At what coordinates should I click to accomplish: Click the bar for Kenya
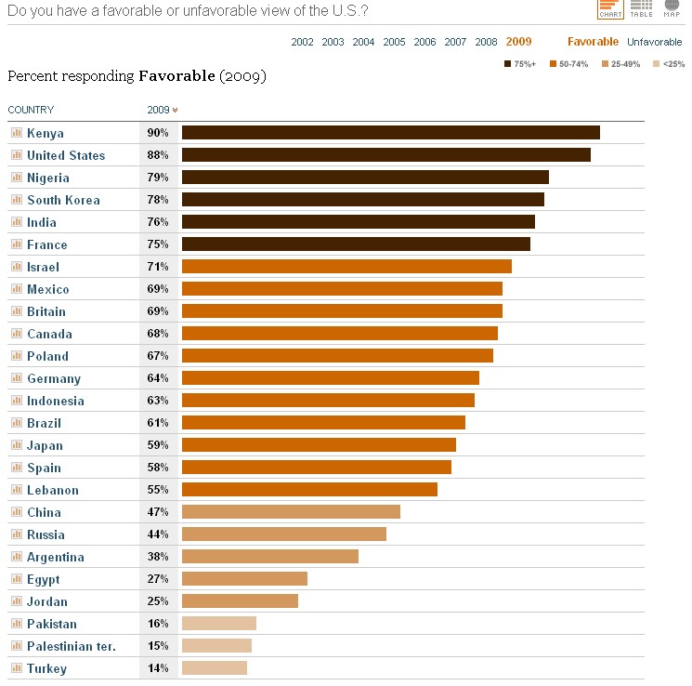tap(390, 133)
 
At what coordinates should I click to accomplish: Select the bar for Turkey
tap(215, 668)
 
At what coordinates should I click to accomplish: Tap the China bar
tap(291, 512)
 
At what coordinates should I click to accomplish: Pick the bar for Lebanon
tap(309, 490)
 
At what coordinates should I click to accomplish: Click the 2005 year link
tap(394, 42)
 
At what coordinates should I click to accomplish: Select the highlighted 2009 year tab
tap(518, 42)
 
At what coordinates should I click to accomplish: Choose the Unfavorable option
tap(654, 42)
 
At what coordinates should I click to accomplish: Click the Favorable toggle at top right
tap(593, 42)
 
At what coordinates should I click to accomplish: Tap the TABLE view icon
tap(641, 9)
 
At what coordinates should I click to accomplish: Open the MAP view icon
tap(671, 9)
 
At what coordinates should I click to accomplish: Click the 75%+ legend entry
tap(520, 63)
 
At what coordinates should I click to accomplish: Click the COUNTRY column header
tap(31, 110)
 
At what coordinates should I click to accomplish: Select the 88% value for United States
tap(157, 155)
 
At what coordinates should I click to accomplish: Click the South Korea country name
tap(63, 200)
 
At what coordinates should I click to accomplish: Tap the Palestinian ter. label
tap(71, 646)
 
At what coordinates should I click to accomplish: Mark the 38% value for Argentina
tap(157, 557)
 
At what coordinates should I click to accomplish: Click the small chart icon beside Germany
tap(16, 378)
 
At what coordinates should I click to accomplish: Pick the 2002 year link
tap(302, 42)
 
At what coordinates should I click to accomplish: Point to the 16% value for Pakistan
tap(157, 624)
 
